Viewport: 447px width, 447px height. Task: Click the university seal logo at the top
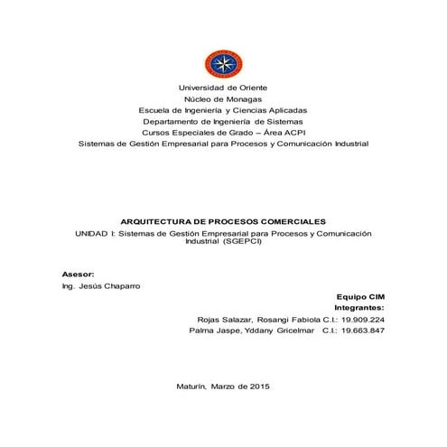(223, 63)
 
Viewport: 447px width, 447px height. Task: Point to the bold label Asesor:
(77, 273)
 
